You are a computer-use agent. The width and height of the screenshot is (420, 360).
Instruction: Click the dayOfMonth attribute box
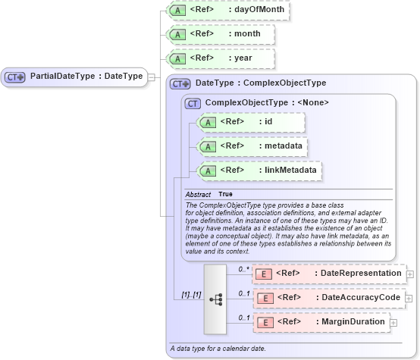click(227, 11)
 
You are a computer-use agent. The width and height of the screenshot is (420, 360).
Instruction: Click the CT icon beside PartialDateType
click(15, 77)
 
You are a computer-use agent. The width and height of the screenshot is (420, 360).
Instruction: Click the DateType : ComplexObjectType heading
click(260, 83)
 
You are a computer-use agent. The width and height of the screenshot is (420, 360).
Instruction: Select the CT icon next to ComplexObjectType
click(193, 102)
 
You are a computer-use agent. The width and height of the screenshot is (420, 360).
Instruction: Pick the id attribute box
click(250, 122)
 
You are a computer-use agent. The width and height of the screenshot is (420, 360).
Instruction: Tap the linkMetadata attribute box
click(258, 171)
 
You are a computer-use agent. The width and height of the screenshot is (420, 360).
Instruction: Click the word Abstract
click(198, 195)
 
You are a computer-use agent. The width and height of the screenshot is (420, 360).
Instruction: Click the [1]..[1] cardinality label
click(186, 294)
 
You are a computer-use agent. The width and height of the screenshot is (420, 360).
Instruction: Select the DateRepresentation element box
click(330, 274)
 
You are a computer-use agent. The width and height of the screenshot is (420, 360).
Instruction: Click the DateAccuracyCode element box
click(330, 298)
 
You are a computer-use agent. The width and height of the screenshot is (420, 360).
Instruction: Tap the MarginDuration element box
click(321, 322)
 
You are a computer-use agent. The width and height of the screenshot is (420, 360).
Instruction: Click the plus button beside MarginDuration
click(393, 323)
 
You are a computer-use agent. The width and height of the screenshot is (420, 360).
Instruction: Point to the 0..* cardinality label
click(243, 270)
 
